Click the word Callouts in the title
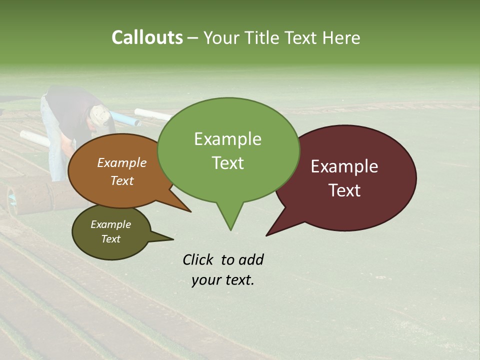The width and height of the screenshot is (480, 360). (x=147, y=37)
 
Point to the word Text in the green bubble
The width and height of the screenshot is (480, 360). (x=227, y=162)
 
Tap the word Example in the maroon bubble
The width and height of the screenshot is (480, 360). (x=344, y=166)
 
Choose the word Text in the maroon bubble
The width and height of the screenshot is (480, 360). (x=344, y=190)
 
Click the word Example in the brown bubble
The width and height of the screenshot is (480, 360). (x=122, y=162)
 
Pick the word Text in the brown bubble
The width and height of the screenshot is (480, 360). (x=122, y=180)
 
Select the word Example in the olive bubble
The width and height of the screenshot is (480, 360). (x=110, y=224)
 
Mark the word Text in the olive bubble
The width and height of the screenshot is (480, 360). (x=110, y=239)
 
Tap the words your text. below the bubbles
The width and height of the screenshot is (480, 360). (x=223, y=280)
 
